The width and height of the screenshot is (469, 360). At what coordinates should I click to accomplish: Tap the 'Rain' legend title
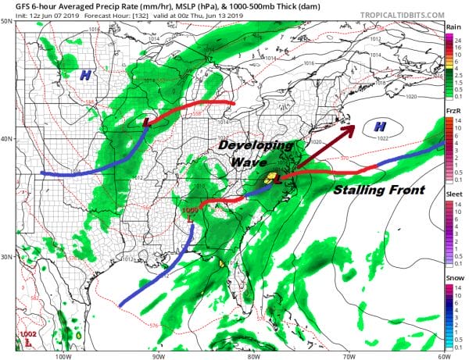tap(453, 28)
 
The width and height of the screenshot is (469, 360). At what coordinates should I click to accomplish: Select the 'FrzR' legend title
tap(453, 112)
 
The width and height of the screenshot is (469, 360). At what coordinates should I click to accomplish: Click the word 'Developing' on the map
tap(256, 145)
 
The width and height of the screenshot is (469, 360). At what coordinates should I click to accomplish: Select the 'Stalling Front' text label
tap(379, 190)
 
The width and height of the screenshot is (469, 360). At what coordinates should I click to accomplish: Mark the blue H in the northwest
tap(84, 75)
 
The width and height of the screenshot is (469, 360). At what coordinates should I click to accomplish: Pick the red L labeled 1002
tap(29, 341)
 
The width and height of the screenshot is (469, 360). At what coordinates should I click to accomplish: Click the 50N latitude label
tap(8, 22)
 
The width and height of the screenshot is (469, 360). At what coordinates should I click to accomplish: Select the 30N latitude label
tap(8, 256)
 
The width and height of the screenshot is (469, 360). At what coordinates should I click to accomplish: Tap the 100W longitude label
tap(63, 354)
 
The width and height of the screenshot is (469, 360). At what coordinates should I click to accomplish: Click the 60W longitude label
tap(442, 354)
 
